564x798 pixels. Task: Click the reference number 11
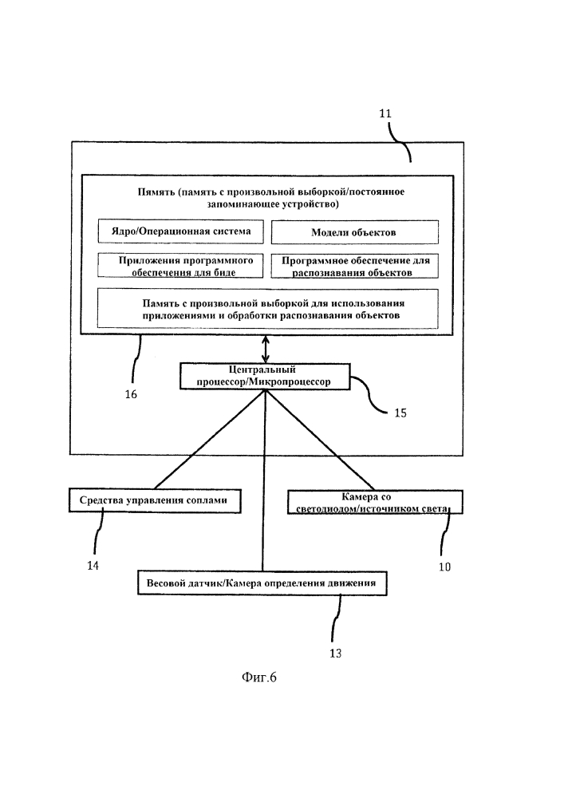click(x=385, y=114)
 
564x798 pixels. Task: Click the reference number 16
click(x=131, y=393)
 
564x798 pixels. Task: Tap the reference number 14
click(x=93, y=566)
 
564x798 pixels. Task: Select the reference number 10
click(x=444, y=567)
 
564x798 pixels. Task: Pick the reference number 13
click(x=335, y=653)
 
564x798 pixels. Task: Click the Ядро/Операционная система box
click(x=180, y=232)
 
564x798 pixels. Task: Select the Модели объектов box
click(x=354, y=232)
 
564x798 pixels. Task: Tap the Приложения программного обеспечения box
click(x=180, y=266)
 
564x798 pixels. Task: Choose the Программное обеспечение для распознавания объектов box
click(x=354, y=266)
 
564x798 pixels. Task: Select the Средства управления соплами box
click(x=154, y=500)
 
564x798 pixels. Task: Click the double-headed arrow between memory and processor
click(x=266, y=348)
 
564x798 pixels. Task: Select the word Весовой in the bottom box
click(x=169, y=583)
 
